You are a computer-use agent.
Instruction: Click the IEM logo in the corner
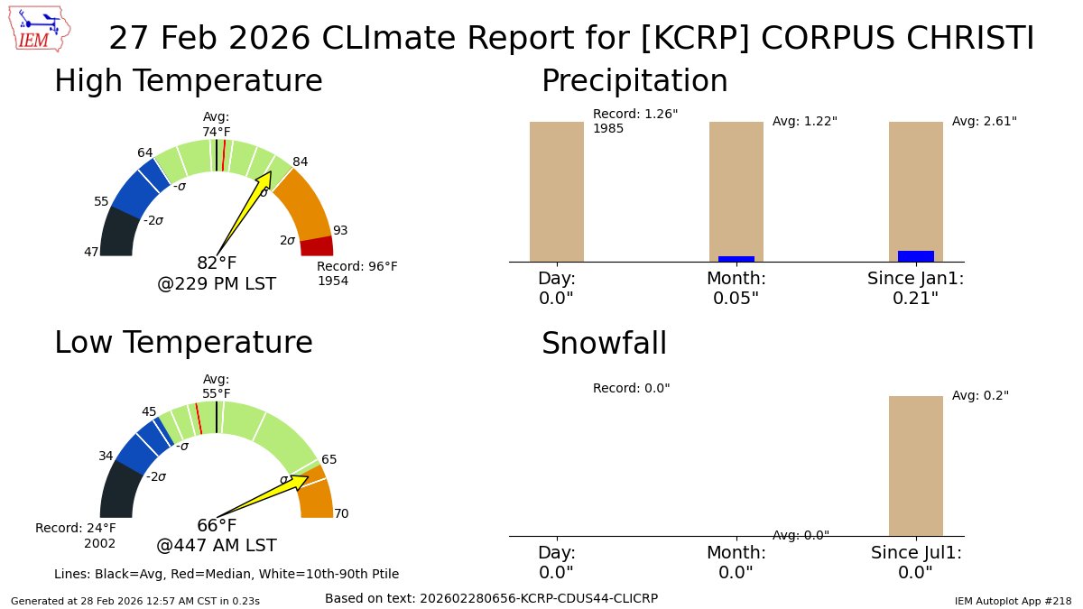41,29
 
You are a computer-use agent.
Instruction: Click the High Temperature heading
188,81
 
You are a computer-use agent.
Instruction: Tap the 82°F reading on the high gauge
217,263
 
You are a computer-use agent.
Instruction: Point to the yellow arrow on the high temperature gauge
245,211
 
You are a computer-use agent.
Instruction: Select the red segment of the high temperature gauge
317,246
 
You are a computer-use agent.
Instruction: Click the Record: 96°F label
356,267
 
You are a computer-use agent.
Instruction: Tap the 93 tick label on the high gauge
340,231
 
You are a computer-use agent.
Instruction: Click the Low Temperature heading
183,343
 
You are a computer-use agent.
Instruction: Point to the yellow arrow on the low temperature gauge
265,495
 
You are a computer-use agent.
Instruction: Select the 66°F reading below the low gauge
217,526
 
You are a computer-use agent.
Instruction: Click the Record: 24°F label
76,528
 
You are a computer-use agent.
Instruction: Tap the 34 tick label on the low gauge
106,457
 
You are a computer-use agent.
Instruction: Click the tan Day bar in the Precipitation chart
557,191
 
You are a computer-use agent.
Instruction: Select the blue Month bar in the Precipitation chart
736,259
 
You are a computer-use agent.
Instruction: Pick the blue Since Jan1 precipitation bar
916,256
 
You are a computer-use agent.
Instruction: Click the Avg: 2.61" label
984,121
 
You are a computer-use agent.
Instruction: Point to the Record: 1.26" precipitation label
635,115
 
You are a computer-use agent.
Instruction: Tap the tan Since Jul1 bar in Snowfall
916,466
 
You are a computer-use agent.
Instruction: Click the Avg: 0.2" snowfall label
980,395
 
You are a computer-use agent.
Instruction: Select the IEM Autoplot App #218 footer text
1013,601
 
